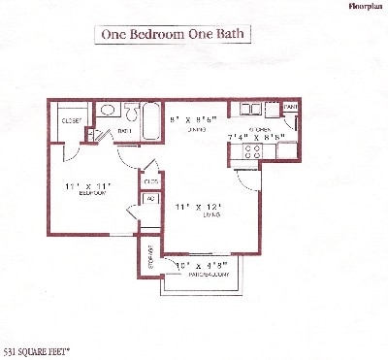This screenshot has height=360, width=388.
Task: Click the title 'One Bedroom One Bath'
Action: point(175,34)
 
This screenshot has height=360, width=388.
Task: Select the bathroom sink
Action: point(110,110)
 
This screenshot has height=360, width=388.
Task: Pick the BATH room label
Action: point(125,129)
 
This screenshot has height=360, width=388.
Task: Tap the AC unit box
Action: point(150,200)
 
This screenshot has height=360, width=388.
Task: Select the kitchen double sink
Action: point(251,111)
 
